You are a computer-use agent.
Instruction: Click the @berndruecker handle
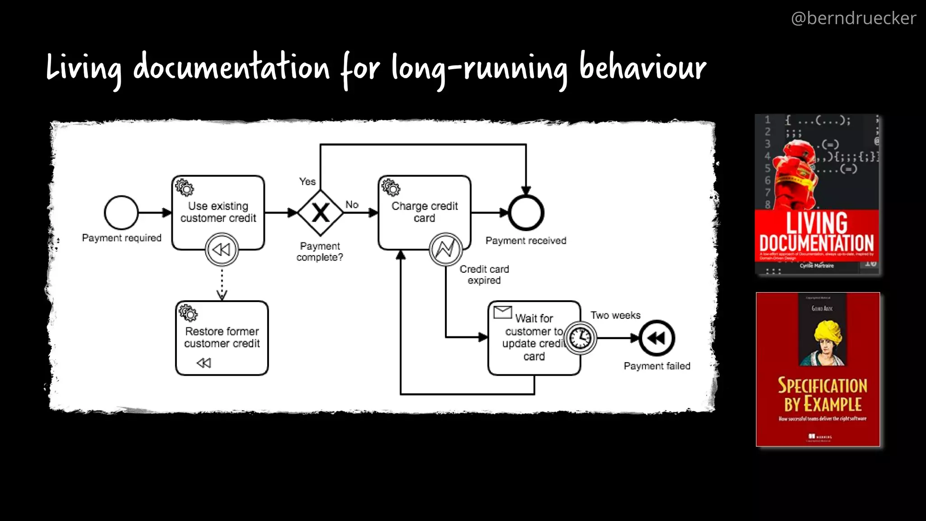853,19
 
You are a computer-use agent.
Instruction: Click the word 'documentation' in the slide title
231,68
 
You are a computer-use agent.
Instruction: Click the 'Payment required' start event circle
121,213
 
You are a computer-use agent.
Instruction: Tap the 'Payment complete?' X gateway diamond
321,213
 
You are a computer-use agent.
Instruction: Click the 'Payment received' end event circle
526,213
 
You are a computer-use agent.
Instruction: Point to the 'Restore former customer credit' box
222,338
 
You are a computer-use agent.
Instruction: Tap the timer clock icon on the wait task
580,338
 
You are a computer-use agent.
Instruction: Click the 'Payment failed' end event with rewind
657,338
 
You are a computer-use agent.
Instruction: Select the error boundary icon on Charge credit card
445,249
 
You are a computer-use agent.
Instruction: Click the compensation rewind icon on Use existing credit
222,249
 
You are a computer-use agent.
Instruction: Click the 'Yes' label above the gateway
307,182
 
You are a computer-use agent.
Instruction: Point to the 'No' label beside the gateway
352,204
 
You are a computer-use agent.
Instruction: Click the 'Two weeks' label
615,315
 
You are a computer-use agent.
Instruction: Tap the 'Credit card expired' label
484,275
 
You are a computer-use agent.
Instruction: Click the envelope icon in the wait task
502,312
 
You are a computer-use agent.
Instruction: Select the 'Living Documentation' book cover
817,194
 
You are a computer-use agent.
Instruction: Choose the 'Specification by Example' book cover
818,369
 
